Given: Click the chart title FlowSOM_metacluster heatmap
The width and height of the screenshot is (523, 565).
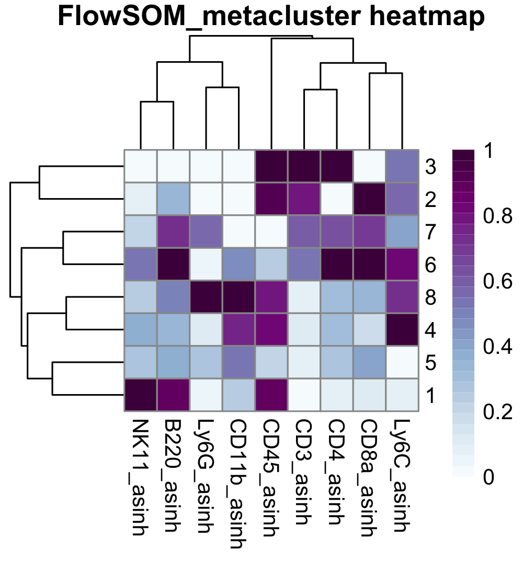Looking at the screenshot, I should tap(271, 17).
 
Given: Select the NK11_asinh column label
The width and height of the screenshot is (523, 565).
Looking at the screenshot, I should tap(140, 477).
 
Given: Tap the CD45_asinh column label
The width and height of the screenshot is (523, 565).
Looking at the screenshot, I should tap(271, 477).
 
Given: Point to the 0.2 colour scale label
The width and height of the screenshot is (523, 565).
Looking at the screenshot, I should tap(495, 412).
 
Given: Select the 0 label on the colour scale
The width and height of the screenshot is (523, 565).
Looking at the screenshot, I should tap(488, 477).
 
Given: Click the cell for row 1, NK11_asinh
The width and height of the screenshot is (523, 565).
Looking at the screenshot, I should tap(140, 395).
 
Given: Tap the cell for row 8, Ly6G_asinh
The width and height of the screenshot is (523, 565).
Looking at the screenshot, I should tap(206, 297).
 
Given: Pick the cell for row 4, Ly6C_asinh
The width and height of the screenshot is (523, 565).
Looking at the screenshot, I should tap(402, 330).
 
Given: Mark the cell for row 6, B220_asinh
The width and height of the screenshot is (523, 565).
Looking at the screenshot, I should tap(173, 265).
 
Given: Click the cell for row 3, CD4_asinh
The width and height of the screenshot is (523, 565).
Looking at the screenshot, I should tap(336, 167).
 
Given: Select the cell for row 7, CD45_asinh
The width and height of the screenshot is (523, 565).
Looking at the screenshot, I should tap(271, 232).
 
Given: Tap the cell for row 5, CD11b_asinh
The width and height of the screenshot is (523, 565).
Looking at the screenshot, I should tap(238, 363).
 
